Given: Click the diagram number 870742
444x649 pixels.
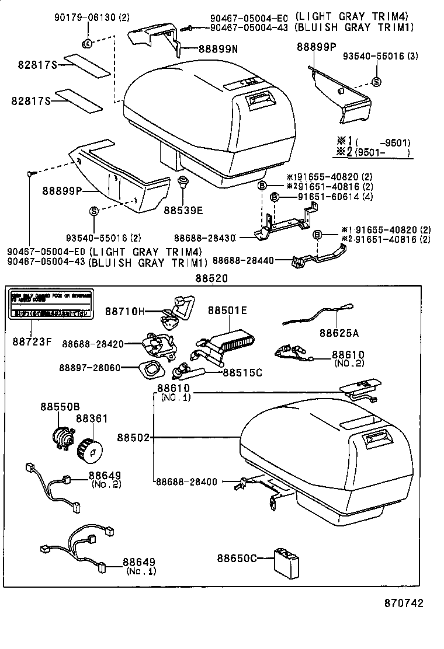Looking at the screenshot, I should [403, 603].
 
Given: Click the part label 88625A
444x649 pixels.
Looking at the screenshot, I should [339, 333].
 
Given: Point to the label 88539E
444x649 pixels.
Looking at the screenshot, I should [183, 210].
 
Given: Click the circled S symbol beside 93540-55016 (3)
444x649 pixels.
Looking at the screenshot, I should [376, 82].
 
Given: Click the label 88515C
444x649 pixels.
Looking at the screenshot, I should [242, 371].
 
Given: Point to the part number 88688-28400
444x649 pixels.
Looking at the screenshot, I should [186, 481].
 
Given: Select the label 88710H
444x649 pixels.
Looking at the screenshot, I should [124, 311].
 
